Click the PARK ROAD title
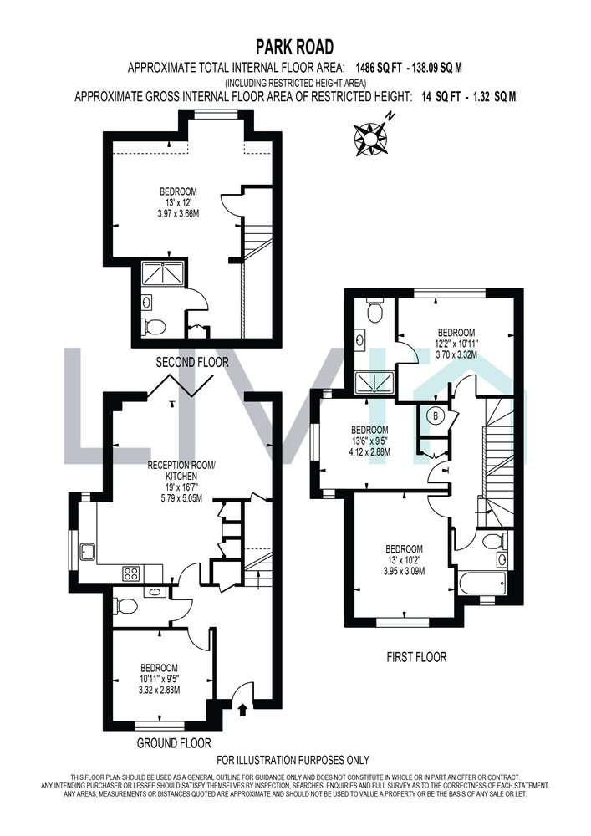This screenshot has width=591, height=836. (x=295, y=47)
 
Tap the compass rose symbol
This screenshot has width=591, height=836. (x=369, y=137)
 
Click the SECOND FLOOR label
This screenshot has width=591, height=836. (x=192, y=363)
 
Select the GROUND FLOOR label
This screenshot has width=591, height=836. (x=174, y=742)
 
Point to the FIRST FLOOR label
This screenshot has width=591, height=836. (x=416, y=657)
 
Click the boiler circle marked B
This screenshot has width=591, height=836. (x=436, y=415)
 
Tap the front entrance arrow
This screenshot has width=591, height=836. (x=243, y=710)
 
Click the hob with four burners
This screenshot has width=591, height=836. (x=131, y=573)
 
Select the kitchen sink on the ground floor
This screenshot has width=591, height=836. (x=86, y=552)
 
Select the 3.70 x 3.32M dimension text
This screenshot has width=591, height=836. (x=456, y=354)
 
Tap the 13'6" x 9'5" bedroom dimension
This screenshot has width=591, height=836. (x=369, y=441)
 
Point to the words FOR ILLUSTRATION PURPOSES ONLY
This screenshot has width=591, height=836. (x=293, y=760)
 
